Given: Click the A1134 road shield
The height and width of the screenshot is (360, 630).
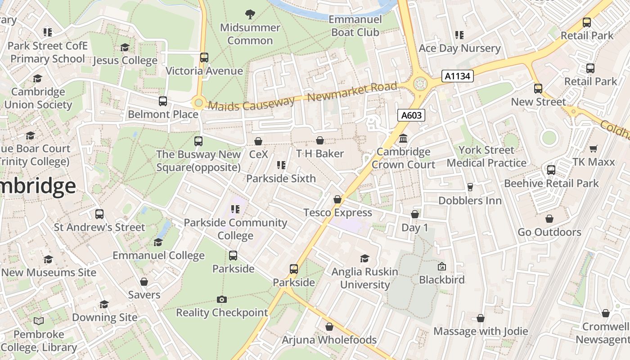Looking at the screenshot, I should click(458, 76).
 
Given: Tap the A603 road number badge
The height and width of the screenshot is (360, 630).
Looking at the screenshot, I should click(411, 115).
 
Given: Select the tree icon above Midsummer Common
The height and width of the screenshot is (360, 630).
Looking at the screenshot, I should click(250, 14).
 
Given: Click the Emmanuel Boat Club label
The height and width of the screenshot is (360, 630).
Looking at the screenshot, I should click(355, 26).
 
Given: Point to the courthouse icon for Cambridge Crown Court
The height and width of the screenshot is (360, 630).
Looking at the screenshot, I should click(403, 139).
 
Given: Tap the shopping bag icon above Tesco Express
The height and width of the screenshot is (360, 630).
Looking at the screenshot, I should click(337, 199).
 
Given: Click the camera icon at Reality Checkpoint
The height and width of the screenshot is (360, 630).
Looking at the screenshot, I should click(221, 299).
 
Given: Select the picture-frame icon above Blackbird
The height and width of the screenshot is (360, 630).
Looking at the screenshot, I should click(441, 267).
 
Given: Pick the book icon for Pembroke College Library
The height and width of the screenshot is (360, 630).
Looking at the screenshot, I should click(39, 321).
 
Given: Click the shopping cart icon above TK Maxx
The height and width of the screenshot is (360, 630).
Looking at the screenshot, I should click(594, 149).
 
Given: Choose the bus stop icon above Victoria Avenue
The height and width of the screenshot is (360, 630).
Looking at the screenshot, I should click(204, 58).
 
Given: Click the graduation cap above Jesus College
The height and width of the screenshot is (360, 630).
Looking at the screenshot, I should click(125, 48).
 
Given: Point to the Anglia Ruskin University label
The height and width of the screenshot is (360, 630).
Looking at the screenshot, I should click(364, 278).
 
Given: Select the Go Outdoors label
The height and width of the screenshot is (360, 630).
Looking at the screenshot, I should click(549, 232).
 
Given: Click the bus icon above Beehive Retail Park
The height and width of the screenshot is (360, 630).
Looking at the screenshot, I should click(551, 170).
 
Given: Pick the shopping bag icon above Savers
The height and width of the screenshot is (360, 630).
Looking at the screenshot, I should click(144, 282).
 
